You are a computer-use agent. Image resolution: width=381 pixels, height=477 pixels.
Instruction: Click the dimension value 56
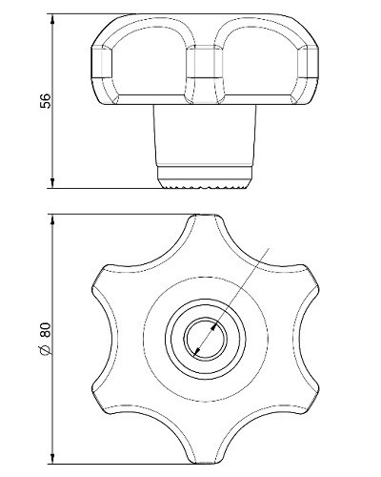(45, 101)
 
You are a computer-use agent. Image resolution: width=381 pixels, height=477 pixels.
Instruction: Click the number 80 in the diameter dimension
(46, 330)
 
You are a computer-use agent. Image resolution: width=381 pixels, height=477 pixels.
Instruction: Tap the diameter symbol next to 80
(46, 349)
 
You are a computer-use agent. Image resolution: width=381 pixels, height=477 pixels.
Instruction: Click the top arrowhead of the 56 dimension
(52, 19)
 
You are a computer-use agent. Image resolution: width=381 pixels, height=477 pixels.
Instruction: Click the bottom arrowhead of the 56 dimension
(52, 183)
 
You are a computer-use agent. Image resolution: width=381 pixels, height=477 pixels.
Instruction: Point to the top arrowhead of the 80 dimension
(52, 220)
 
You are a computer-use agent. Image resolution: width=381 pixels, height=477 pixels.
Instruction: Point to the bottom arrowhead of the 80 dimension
(52, 458)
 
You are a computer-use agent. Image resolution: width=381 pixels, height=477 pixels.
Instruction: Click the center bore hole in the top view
(206, 338)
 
